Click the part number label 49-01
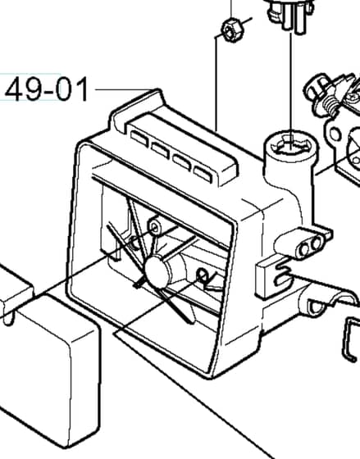pos(46,89)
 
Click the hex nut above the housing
pos(233,30)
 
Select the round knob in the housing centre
pos(158,271)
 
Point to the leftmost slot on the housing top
pos(139,138)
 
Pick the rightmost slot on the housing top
pos(203,173)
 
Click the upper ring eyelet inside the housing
pos(155,226)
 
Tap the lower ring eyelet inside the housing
pos(202,275)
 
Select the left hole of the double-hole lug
pos(304,249)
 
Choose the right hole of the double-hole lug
pos(316,243)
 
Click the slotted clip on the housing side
pos(273,277)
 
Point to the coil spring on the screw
pos(330,106)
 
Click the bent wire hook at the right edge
pos(351,340)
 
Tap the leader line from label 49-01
pos(125,89)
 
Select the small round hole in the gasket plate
pos(335,134)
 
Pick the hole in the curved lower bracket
pos(316,307)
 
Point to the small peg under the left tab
pos(9,319)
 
